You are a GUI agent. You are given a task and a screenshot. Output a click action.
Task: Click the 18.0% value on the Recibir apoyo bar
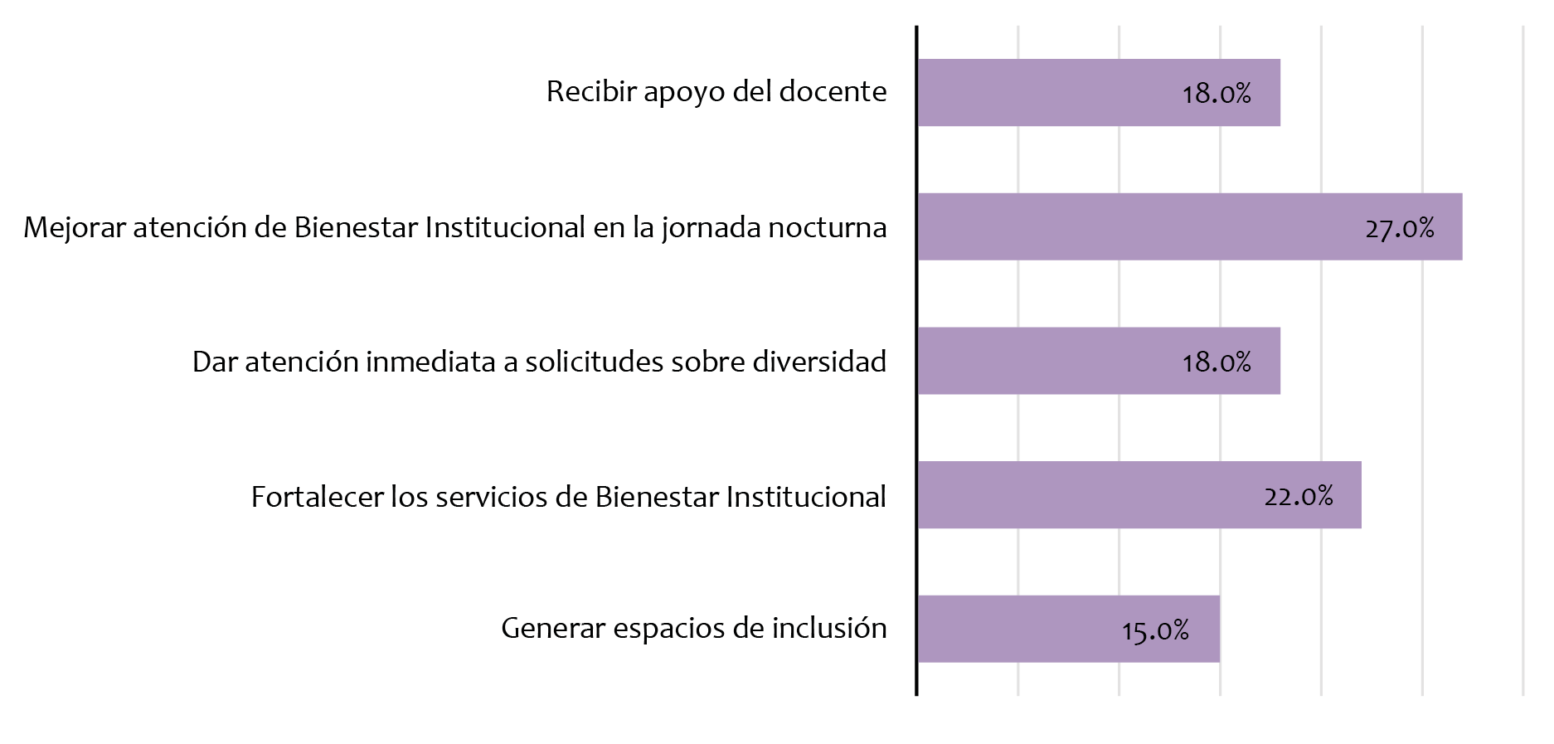tap(1216, 93)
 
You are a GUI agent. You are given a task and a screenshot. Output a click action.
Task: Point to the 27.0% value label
tap(1400, 227)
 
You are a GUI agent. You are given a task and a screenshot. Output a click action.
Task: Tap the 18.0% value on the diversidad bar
tap(1216, 362)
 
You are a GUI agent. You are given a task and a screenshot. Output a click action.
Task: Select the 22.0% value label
tap(1299, 496)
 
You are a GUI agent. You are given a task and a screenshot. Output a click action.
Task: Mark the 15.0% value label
tap(1155, 630)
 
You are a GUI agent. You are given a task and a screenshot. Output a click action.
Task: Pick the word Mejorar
tap(75, 227)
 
